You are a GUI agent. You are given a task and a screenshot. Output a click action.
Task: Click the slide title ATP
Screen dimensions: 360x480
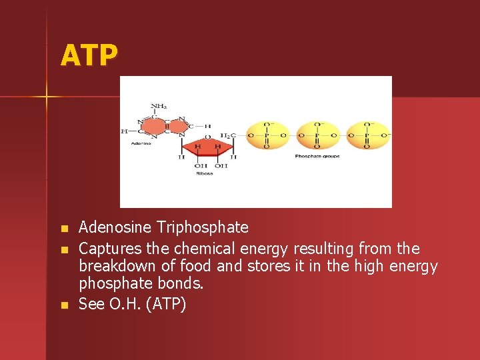coord(89,55)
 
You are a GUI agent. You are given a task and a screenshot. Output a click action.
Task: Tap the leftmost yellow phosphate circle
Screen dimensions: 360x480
coord(267,135)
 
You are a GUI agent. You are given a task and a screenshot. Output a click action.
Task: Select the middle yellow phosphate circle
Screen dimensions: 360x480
coord(317,135)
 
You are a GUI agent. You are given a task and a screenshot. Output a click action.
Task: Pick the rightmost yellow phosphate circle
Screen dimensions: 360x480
coord(367,135)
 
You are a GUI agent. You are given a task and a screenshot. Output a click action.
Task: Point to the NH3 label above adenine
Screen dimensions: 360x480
coord(159,106)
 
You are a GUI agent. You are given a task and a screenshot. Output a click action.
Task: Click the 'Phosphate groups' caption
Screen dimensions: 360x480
coord(317,156)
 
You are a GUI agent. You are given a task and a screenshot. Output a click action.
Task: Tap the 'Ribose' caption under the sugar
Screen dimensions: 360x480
coord(204,173)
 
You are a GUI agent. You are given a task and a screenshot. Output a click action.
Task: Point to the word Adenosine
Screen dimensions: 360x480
coord(117,227)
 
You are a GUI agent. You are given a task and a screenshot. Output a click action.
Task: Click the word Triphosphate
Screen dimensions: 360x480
coord(203,227)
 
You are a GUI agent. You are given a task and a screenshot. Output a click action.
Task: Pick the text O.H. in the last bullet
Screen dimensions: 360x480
coord(129,304)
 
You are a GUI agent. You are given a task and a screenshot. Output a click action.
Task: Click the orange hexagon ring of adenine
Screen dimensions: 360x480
coord(155,126)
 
